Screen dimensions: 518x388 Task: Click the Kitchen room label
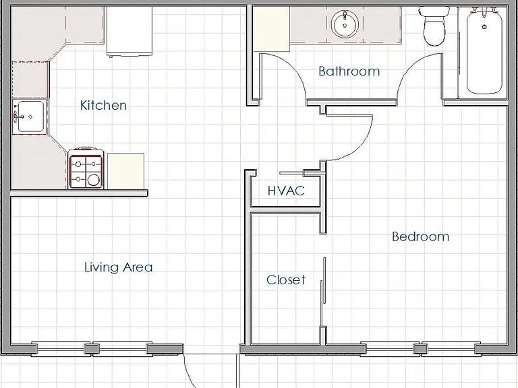(103, 105)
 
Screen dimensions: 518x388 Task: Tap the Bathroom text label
(349, 71)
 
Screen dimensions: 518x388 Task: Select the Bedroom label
(421, 236)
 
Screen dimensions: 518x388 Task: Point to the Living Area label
(119, 267)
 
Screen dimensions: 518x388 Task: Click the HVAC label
(286, 191)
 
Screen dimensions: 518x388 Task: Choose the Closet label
(286, 280)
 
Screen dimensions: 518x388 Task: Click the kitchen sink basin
(30, 117)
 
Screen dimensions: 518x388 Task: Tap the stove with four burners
(86, 168)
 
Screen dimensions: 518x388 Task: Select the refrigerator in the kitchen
(129, 31)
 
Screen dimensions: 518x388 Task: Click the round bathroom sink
(345, 24)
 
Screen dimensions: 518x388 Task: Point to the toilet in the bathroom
(434, 26)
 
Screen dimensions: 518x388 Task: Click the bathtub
(484, 51)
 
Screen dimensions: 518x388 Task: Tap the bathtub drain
(485, 26)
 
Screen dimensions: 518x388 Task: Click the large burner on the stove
(94, 180)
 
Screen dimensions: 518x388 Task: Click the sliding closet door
(323, 292)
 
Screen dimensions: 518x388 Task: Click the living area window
(92, 349)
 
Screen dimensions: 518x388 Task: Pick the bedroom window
(420, 349)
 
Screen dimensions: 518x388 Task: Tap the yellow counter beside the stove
(125, 171)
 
